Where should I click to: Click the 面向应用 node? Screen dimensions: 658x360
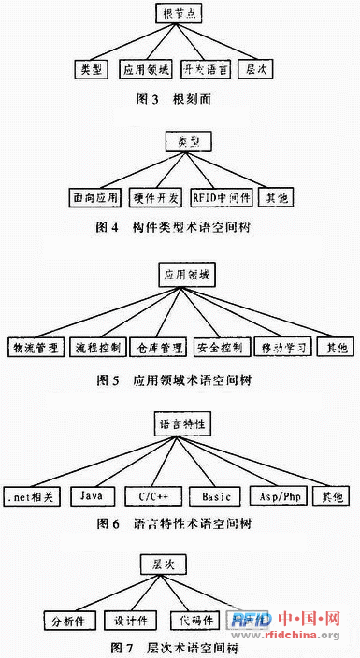pyautogui.click(x=97, y=198)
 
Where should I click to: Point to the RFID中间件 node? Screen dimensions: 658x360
pyautogui.click(x=218, y=198)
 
